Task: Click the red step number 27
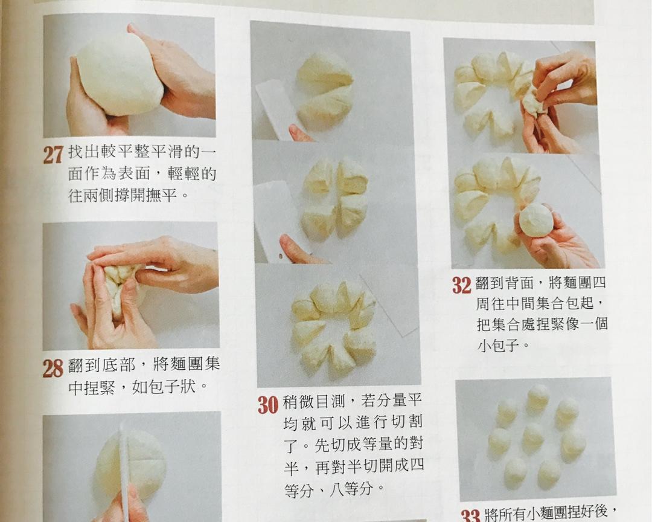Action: coord(53,155)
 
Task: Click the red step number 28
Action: coord(53,367)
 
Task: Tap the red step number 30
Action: coord(268,404)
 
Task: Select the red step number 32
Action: coord(462,285)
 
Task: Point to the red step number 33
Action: coord(471,515)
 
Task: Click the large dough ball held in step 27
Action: coord(120,74)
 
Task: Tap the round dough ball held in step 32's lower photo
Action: coord(536,219)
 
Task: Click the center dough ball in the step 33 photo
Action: coord(533,434)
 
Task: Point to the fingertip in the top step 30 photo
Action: coord(299,132)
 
